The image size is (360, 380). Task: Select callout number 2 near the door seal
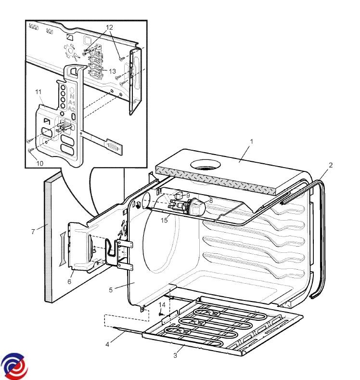[331, 165]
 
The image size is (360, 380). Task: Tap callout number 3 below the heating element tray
[175, 355]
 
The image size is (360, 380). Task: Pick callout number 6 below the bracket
[69, 281]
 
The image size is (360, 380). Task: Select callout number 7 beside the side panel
[33, 232]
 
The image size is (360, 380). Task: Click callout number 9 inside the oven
[188, 196]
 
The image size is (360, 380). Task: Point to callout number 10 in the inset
[39, 163]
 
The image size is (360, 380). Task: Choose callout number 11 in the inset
[39, 91]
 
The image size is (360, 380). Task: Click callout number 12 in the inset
[110, 27]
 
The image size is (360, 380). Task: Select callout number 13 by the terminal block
[112, 71]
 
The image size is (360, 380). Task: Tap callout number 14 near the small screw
[162, 304]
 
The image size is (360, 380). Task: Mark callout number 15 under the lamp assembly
[165, 220]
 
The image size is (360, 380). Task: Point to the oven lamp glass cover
[197, 208]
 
